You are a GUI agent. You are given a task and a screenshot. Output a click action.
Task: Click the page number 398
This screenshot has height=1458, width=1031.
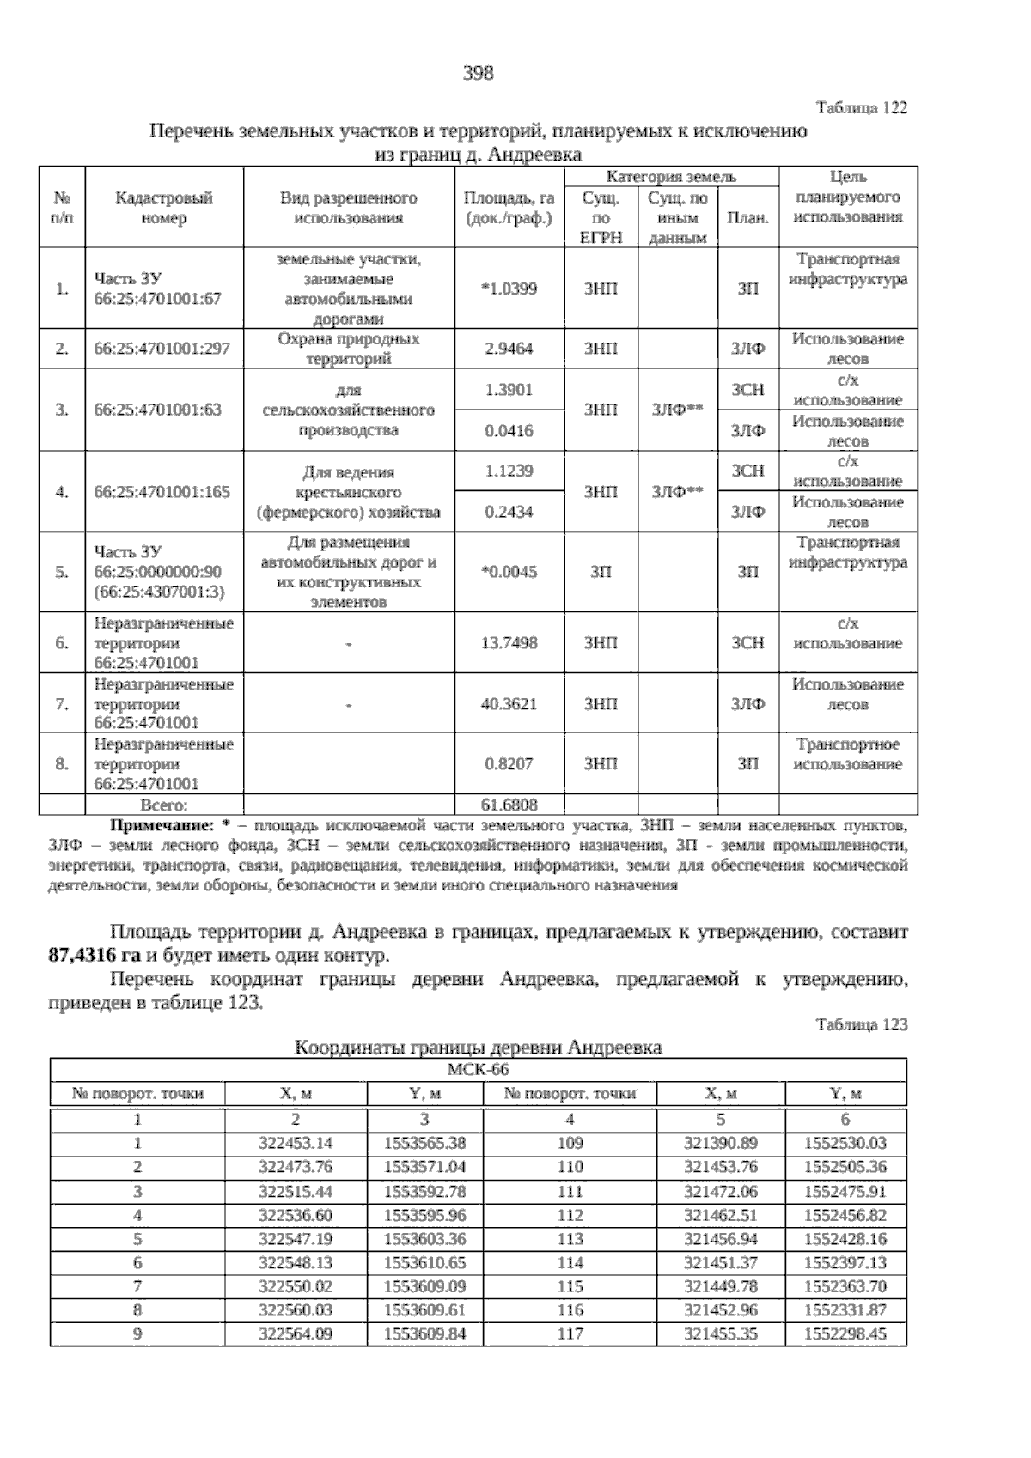click(479, 74)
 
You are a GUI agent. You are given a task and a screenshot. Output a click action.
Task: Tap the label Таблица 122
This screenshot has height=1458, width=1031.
click(861, 108)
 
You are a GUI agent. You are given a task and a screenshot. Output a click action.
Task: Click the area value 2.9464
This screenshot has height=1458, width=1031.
click(509, 349)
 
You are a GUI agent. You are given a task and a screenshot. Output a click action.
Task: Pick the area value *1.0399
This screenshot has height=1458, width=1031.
click(509, 289)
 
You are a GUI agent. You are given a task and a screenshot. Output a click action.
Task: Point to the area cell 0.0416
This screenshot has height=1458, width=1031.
click(509, 431)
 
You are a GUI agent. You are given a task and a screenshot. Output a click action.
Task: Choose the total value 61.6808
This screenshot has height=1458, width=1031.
click(509, 805)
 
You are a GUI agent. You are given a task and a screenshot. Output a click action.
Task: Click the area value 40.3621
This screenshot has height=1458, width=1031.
click(509, 704)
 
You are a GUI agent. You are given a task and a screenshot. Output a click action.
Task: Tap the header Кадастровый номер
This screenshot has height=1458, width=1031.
click(164, 208)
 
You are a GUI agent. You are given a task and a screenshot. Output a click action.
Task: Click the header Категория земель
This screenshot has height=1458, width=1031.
click(671, 177)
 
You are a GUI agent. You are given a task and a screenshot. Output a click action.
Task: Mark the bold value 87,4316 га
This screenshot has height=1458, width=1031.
click(95, 956)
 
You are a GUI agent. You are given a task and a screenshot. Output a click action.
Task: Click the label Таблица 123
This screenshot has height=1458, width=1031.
click(861, 1024)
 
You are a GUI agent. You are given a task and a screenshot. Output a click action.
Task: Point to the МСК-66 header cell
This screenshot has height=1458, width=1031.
click(479, 1070)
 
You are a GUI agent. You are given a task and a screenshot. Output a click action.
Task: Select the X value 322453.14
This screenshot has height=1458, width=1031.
click(296, 1143)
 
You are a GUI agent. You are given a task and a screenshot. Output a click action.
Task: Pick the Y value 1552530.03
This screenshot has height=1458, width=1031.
click(845, 1143)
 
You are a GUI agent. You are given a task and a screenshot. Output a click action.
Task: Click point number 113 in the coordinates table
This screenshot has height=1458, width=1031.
click(570, 1239)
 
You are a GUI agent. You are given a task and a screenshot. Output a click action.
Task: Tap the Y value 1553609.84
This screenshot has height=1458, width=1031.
click(424, 1334)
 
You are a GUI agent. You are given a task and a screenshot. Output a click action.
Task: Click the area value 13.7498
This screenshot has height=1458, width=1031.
click(509, 643)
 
